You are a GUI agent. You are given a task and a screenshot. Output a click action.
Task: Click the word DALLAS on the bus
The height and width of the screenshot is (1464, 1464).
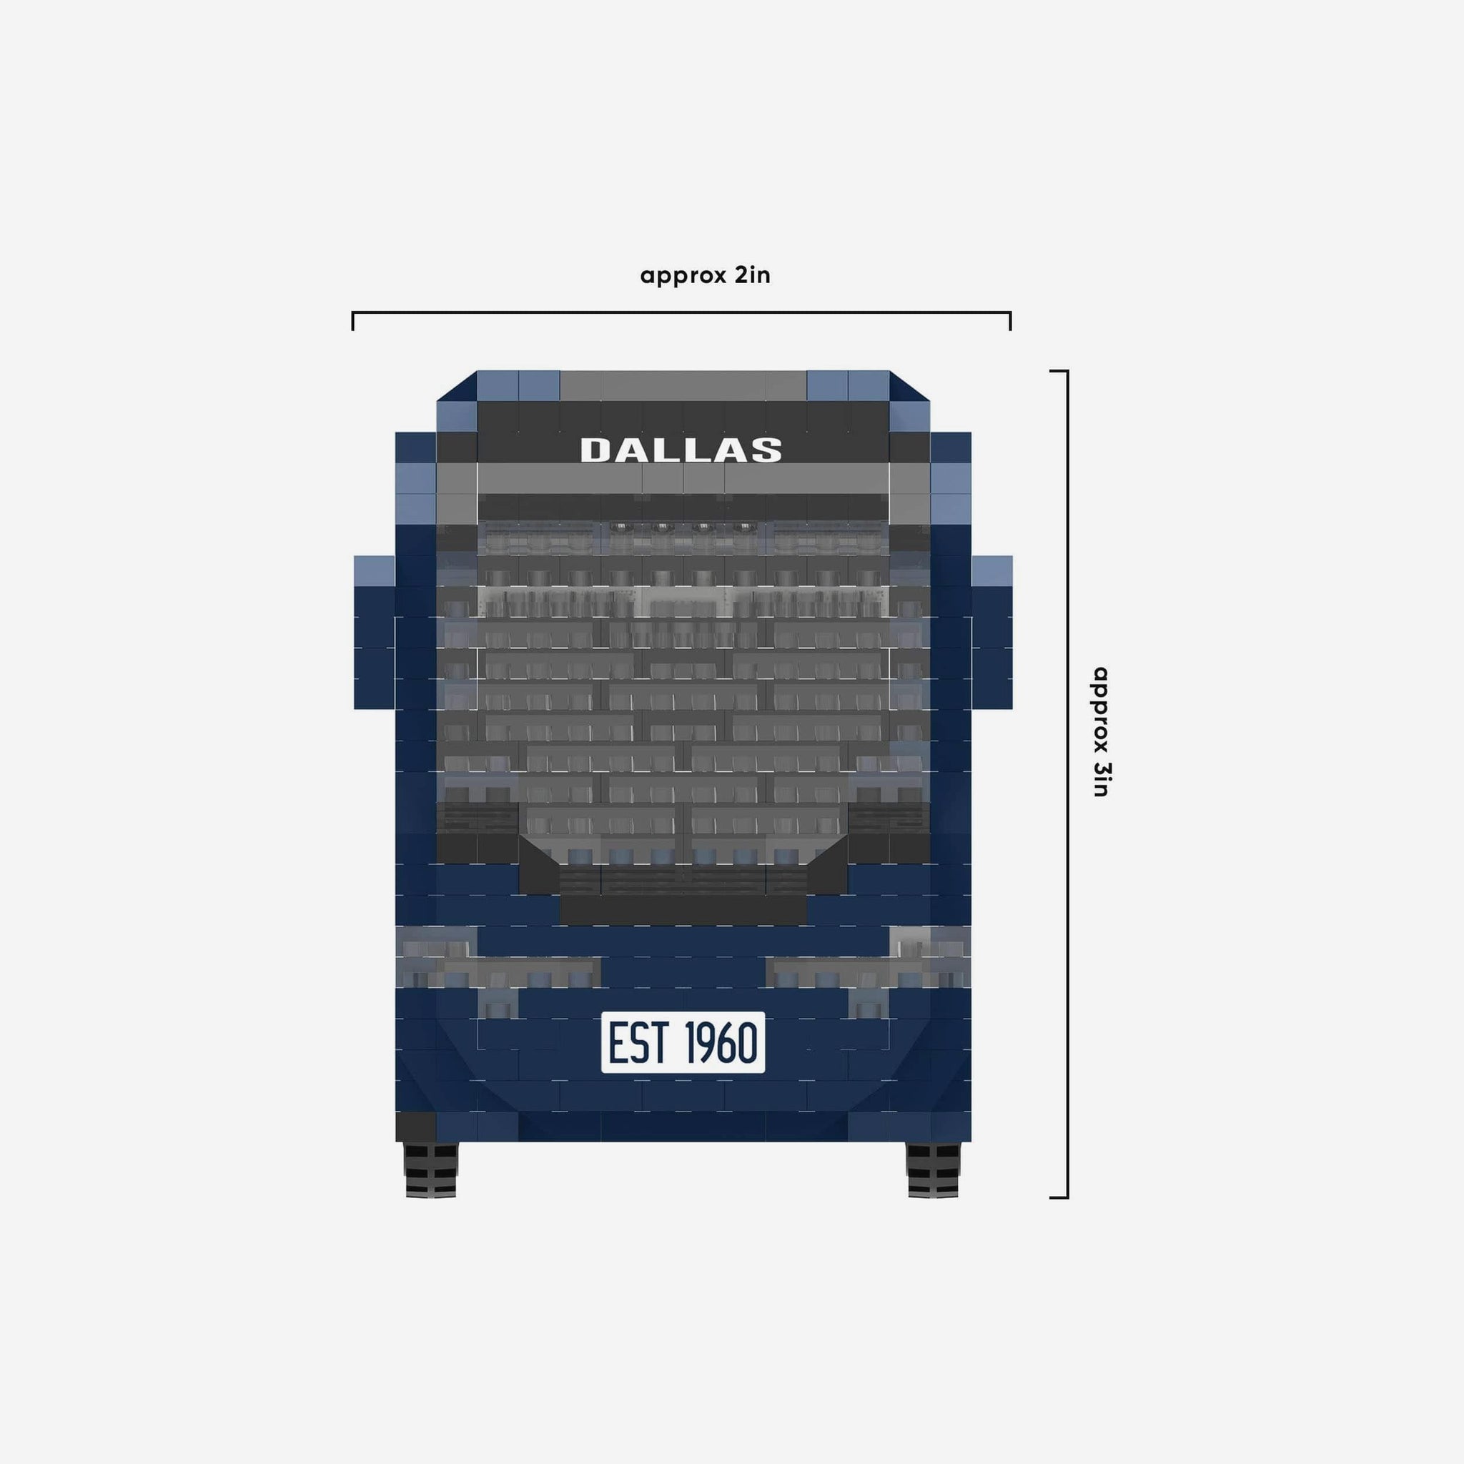pos(681,450)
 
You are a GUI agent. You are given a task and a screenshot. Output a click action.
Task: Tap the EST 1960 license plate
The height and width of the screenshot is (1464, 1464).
pos(683,1042)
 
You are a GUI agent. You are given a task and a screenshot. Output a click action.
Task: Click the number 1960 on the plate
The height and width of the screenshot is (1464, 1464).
pos(721,1042)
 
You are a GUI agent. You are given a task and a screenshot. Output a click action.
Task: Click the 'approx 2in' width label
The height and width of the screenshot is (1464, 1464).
pos(705,274)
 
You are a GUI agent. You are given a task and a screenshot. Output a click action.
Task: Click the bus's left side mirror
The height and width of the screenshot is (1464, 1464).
pos(375,632)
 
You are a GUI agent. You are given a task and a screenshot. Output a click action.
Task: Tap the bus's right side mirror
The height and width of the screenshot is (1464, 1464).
pos(992,632)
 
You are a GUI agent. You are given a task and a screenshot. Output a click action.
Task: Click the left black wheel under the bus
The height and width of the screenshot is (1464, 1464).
pos(431,1170)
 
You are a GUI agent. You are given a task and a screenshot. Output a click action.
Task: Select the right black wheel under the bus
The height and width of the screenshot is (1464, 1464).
pos(933,1170)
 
